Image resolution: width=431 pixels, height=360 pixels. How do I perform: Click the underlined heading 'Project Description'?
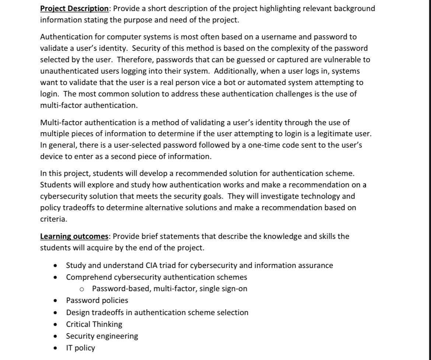(74, 8)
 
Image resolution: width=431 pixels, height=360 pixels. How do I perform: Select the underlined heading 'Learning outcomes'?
(74, 236)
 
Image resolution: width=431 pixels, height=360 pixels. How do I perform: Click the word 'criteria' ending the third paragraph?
(53, 219)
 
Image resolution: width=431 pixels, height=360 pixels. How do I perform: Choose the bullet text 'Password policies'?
(97, 300)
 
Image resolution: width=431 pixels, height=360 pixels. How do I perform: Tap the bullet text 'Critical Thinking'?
(94, 324)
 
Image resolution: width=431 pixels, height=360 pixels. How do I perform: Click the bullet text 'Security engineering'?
(102, 336)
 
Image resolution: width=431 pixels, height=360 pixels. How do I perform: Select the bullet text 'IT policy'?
(80, 348)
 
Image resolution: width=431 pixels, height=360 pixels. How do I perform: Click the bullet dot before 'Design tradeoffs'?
(55, 313)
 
